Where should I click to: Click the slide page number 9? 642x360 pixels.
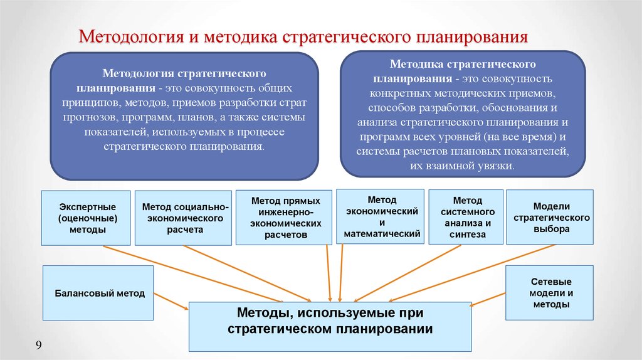(38, 345)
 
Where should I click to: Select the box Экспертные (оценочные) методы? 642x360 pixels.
(86, 218)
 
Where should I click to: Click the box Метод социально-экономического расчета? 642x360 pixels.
(184, 218)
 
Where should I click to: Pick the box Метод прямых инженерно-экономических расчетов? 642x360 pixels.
(284, 218)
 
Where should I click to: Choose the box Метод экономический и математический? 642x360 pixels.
(381, 216)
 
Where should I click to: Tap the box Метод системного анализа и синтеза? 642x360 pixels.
(466, 217)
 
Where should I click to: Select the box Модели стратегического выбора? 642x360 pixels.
(550, 217)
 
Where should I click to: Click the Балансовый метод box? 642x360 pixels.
(98, 293)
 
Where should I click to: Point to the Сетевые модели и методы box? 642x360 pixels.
(549, 293)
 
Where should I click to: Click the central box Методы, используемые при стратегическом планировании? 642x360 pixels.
(330, 326)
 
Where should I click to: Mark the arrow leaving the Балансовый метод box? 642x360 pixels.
(171, 301)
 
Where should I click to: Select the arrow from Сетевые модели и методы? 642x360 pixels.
(488, 299)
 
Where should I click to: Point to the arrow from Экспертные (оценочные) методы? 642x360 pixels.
(192, 274)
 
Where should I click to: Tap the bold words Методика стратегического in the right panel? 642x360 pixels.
(463, 64)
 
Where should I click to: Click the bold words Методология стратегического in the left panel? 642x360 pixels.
(184, 73)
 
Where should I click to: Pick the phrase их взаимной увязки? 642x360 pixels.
(462, 166)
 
